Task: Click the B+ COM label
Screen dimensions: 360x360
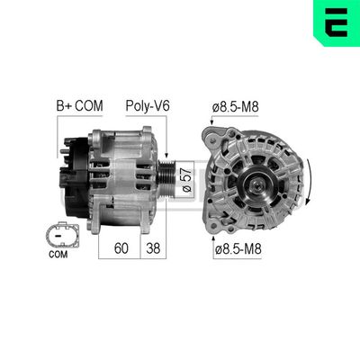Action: coord(80,106)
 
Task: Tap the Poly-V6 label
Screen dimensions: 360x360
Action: coord(148,106)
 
